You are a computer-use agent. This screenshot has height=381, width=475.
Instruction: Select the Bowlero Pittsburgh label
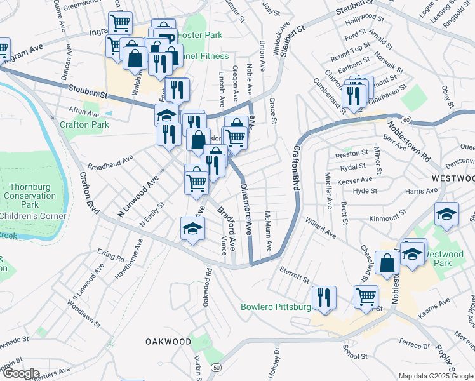point(277,307)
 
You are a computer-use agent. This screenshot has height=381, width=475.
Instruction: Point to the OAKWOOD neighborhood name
point(168,342)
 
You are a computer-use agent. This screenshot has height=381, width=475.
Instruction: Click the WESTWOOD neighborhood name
point(453,178)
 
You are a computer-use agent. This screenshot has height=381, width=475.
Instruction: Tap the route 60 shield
point(406,119)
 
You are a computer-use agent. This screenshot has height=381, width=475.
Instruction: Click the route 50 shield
point(217,368)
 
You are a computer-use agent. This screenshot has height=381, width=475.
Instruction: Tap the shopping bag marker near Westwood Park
point(386,262)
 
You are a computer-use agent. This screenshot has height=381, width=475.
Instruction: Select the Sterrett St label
point(294,274)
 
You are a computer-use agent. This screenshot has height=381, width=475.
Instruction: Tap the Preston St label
point(352,153)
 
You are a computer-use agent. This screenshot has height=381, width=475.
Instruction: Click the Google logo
point(20,373)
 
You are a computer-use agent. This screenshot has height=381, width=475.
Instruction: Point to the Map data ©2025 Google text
point(435,376)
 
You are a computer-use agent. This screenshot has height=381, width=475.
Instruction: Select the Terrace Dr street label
point(413,346)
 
